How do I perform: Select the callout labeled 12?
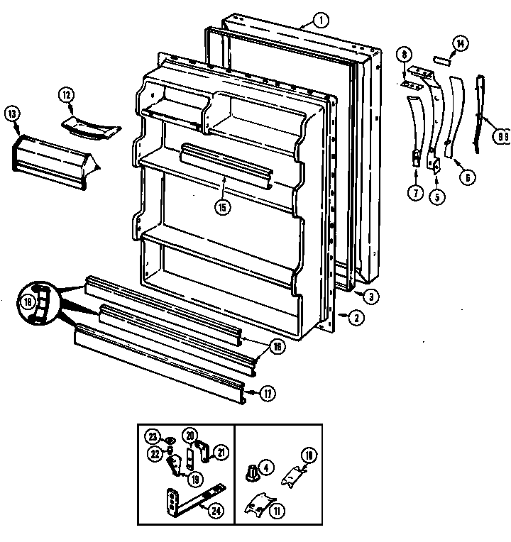tap(66, 94)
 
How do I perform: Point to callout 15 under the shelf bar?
tap(223, 207)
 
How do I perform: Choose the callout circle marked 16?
tap(277, 346)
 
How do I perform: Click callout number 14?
tap(460, 44)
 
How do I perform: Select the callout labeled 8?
tap(404, 53)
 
